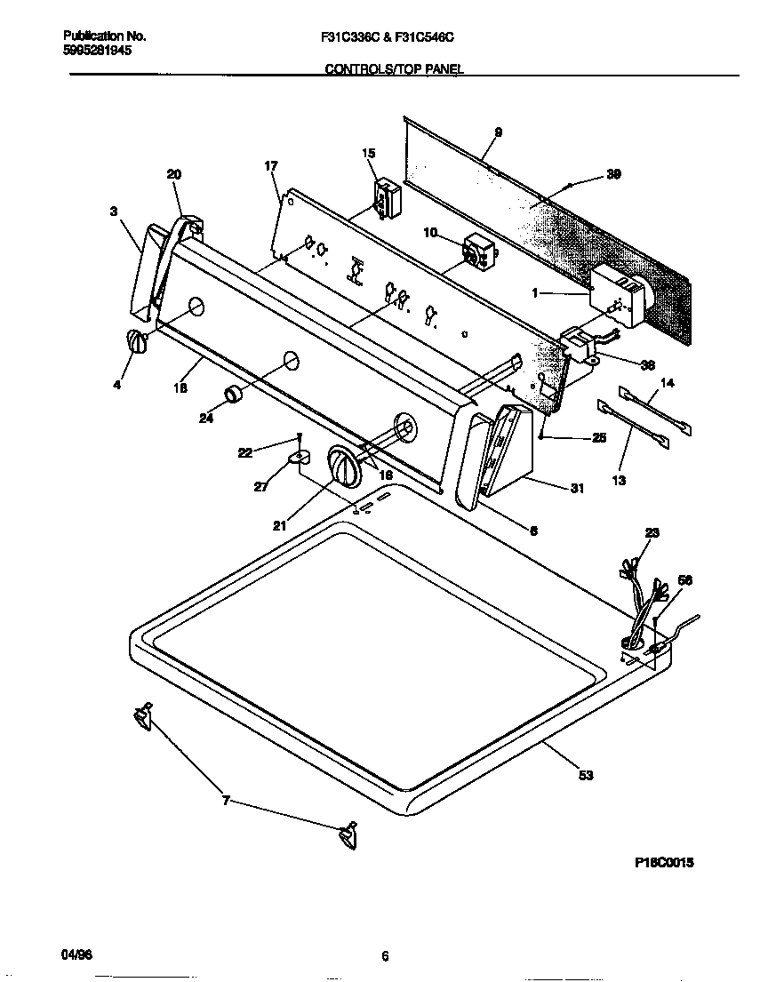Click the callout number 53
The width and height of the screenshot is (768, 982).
(585, 775)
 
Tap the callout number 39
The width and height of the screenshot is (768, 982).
(612, 174)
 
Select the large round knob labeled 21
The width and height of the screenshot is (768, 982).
(342, 466)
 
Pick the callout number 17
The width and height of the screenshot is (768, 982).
(271, 166)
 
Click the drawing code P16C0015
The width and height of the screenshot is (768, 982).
(663, 862)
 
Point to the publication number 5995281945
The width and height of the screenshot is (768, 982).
(97, 51)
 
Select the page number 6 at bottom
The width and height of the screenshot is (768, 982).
(385, 956)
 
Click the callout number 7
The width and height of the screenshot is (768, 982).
(226, 801)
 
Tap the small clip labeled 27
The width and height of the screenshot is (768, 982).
(296, 458)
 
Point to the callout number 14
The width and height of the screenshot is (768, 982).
(668, 384)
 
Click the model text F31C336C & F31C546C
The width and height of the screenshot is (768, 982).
(394, 37)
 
